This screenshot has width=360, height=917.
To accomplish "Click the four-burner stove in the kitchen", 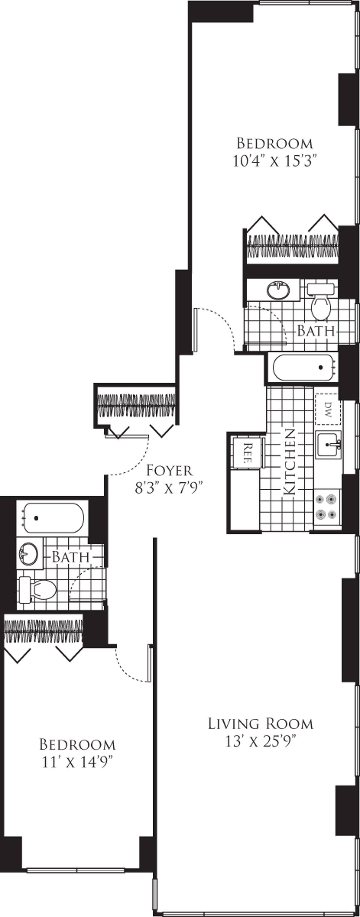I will pos(327,507).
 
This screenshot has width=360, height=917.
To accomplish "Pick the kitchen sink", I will pos(329,444).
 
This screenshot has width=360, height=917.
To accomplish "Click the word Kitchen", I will pos(289,462).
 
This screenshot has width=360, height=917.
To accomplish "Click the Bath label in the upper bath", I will pos(316,331).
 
